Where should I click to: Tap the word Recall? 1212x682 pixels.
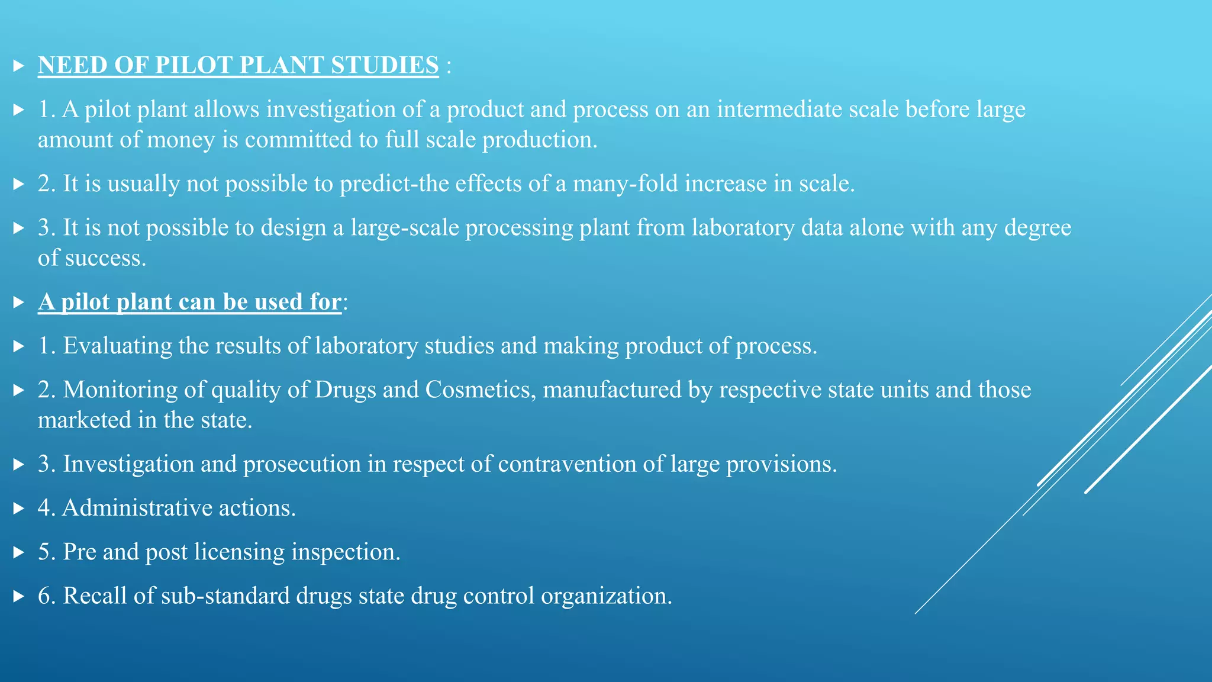pos(95,596)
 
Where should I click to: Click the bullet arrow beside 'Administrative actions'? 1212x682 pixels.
pos(18,509)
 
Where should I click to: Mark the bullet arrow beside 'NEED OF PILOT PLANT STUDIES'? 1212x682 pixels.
pos(18,66)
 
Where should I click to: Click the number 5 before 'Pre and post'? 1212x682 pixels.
pos(44,552)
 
